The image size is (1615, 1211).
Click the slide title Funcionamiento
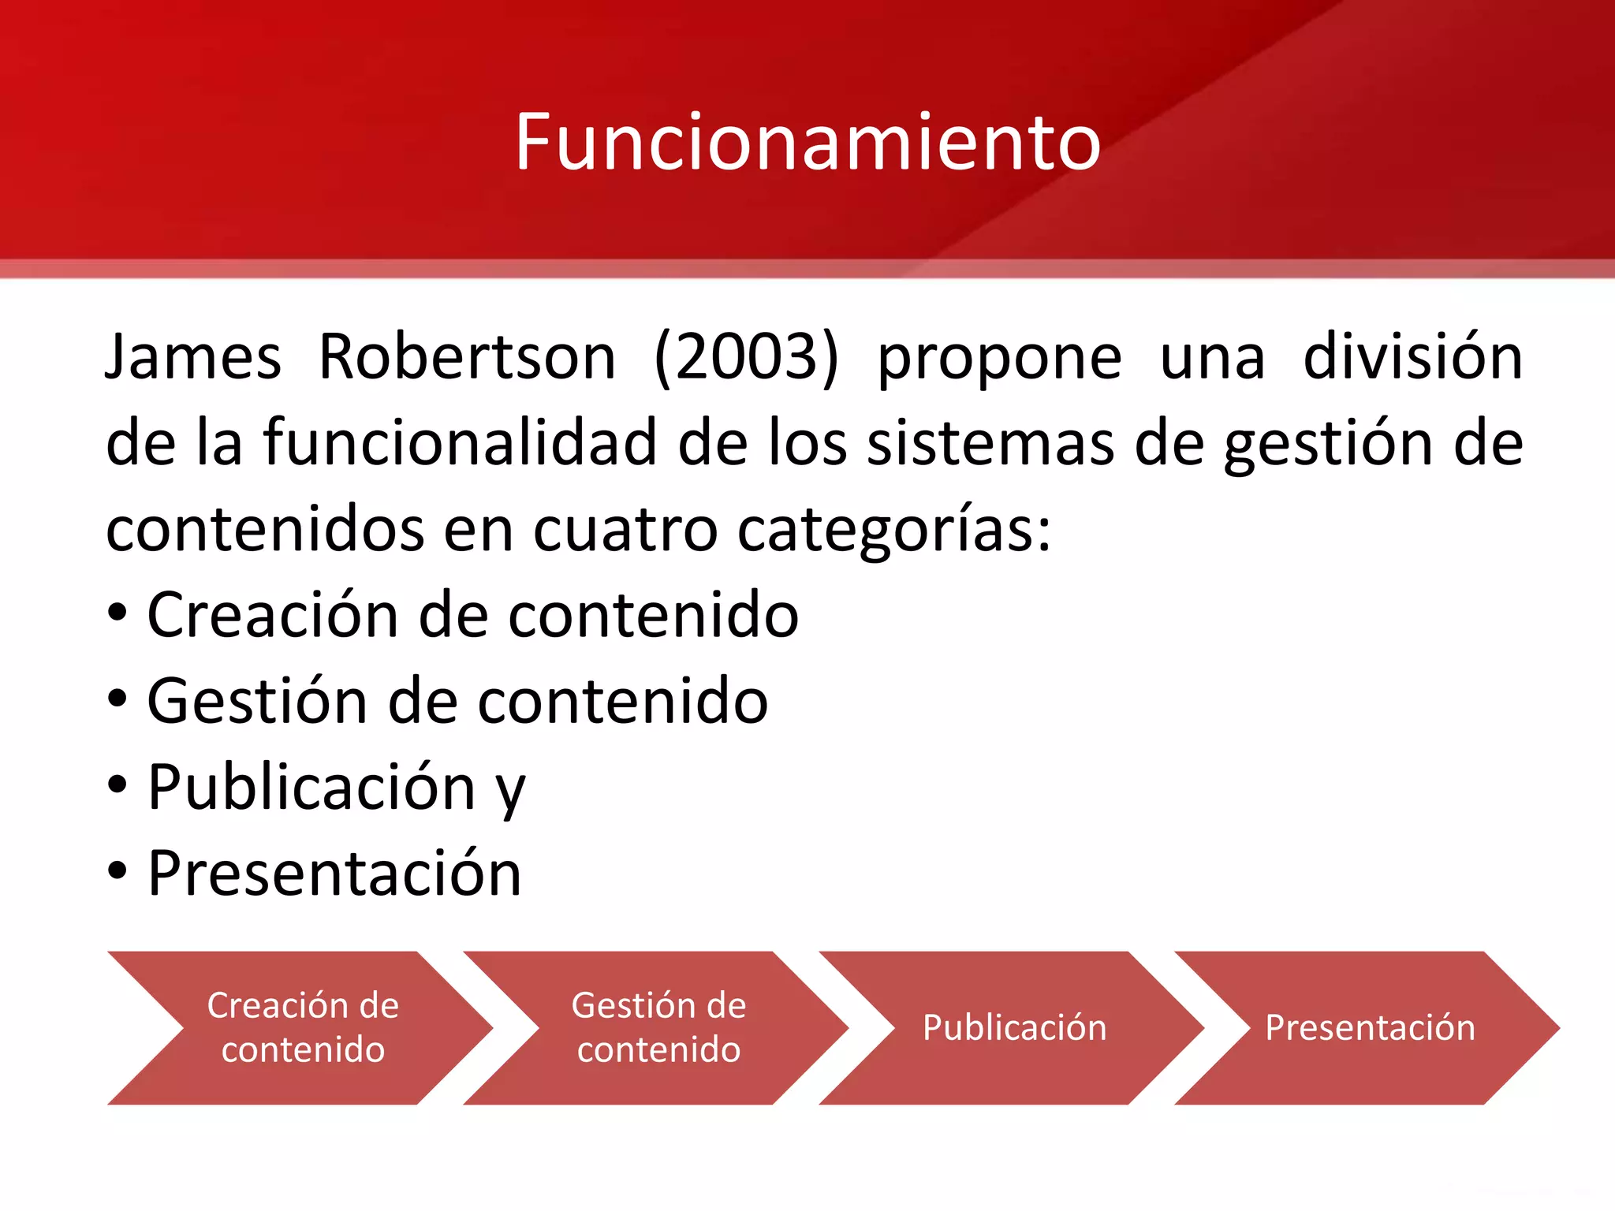(x=807, y=142)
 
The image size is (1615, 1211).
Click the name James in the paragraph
(x=193, y=357)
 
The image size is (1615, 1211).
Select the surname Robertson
(x=467, y=357)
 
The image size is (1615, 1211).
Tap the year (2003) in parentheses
(x=746, y=357)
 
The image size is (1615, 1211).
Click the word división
(x=1412, y=357)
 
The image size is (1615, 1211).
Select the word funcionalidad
(x=460, y=442)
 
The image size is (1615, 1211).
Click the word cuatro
(x=625, y=529)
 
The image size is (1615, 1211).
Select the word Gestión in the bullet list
(x=257, y=701)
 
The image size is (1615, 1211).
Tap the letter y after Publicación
(x=511, y=791)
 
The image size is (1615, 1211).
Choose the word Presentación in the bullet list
(x=334, y=873)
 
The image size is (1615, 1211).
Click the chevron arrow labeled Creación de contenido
(x=303, y=1027)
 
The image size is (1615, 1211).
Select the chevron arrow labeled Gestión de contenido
(x=658, y=1027)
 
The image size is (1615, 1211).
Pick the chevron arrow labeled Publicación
(x=1014, y=1027)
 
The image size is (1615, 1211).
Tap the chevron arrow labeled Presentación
(x=1370, y=1027)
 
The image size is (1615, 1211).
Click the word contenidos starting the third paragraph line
(x=265, y=529)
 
